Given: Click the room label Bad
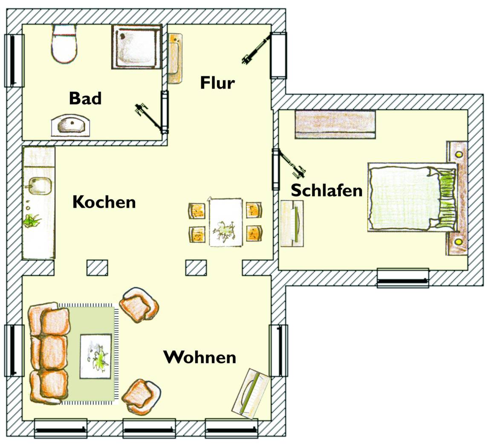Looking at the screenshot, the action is [x=85, y=98].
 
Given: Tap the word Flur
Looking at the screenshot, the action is [x=217, y=83].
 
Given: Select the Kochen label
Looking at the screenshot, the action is [x=104, y=202].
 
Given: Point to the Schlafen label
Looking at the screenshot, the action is [x=326, y=191].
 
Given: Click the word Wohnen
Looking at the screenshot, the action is [x=200, y=357].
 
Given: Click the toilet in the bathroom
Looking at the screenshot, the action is [x=64, y=44].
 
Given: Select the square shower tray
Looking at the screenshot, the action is [x=136, y=46].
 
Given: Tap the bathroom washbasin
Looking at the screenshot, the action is [x=71, y=125].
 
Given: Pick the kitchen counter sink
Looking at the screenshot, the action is [x=40, y=186].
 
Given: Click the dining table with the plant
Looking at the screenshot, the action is [x=225, y=222].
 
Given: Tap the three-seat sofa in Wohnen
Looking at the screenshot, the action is [x=49, y=353].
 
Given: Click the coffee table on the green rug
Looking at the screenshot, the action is [x=96, y=356].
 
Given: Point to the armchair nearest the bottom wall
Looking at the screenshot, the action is [x=141, y=396].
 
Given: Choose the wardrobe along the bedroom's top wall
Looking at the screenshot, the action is [x=335, y=125].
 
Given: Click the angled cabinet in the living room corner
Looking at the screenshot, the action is [x=251, y=394].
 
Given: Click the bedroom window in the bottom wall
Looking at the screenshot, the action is [x=403, y=278].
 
